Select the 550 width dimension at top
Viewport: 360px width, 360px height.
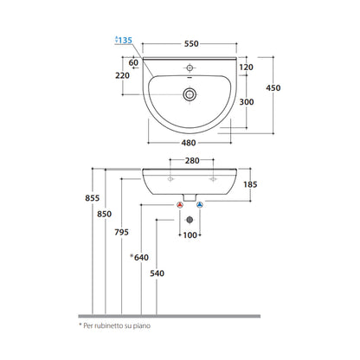191,44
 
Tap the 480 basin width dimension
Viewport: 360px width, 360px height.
189,143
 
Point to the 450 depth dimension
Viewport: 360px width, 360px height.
273,87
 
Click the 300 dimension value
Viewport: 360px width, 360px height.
247,102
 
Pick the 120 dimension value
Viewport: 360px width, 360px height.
247,67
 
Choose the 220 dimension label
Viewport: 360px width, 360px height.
123,75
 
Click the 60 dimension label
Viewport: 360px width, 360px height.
133,62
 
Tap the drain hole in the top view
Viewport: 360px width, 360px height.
190,94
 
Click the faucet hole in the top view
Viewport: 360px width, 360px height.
190,67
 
